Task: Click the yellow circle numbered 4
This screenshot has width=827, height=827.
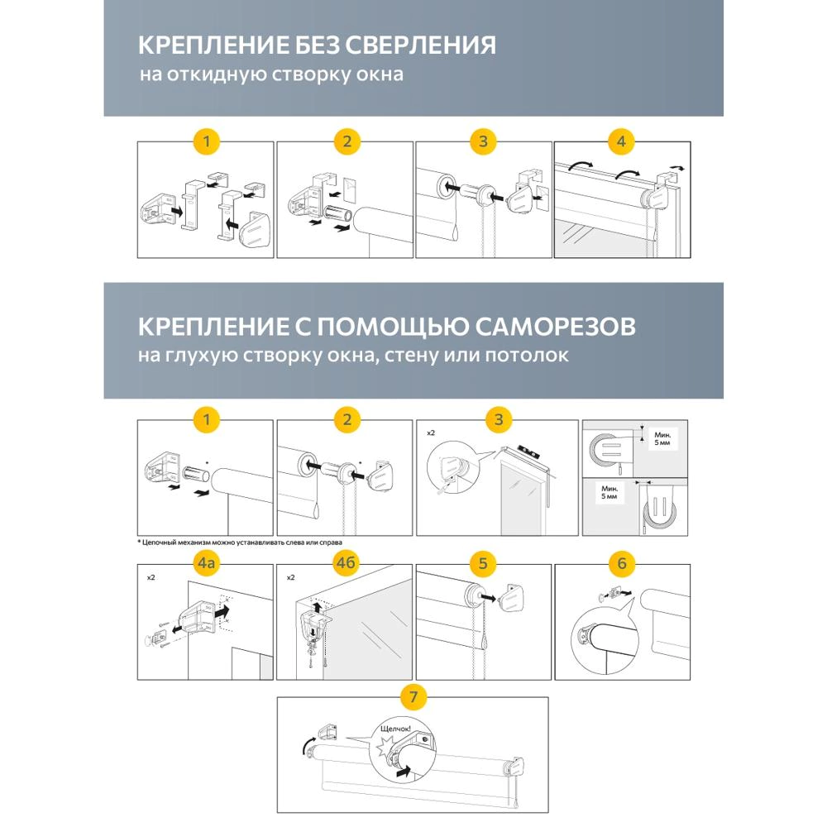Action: coord(622,141)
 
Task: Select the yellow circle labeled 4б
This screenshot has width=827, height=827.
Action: coord(346,564)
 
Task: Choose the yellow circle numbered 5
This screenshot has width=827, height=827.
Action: coord(484,564)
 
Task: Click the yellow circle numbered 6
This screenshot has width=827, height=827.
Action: coord(622,564)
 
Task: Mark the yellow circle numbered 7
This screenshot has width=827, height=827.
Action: coord(413,696)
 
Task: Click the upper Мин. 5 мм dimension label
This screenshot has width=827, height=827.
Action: coord(662,437)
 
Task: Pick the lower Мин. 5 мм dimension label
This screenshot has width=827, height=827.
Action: coord(609,494)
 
